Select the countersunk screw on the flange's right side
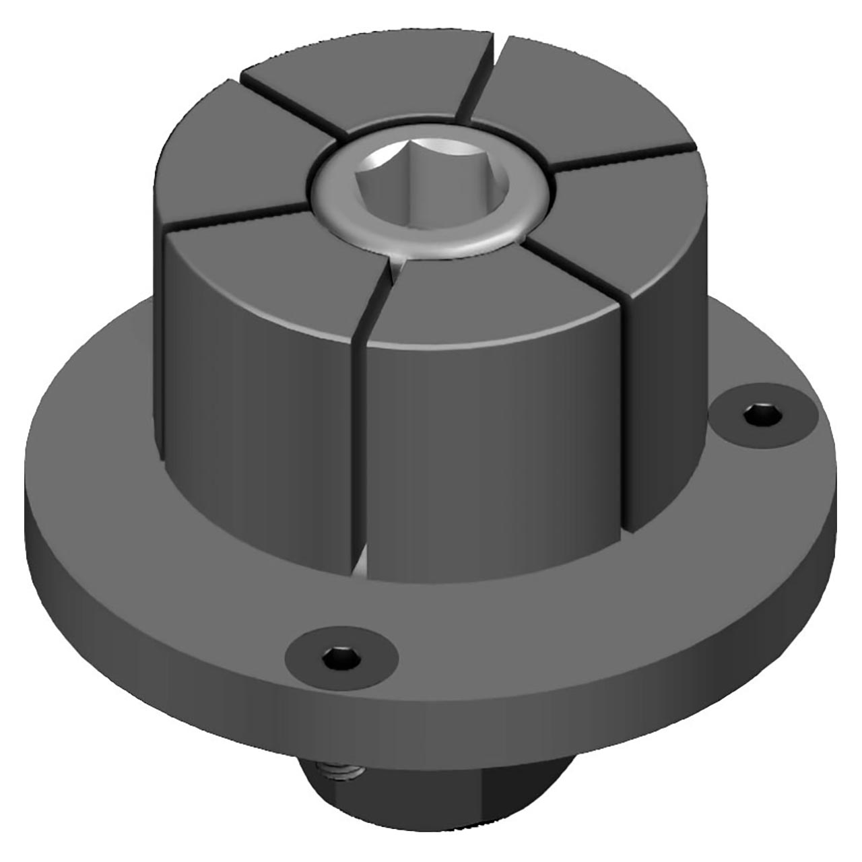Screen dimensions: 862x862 (x=763, y=416)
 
